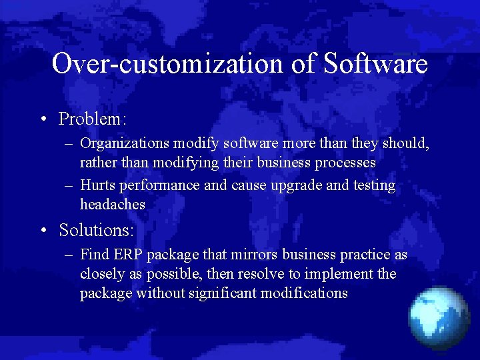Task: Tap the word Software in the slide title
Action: point(375,64)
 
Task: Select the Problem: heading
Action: point(93,119)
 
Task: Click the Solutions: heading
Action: point(97,230)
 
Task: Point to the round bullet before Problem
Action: point(43,119)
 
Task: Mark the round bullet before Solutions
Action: point(43,231)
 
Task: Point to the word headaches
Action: point(112,205)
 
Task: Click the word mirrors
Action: point(255,255)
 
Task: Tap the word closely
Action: point(102,274)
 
